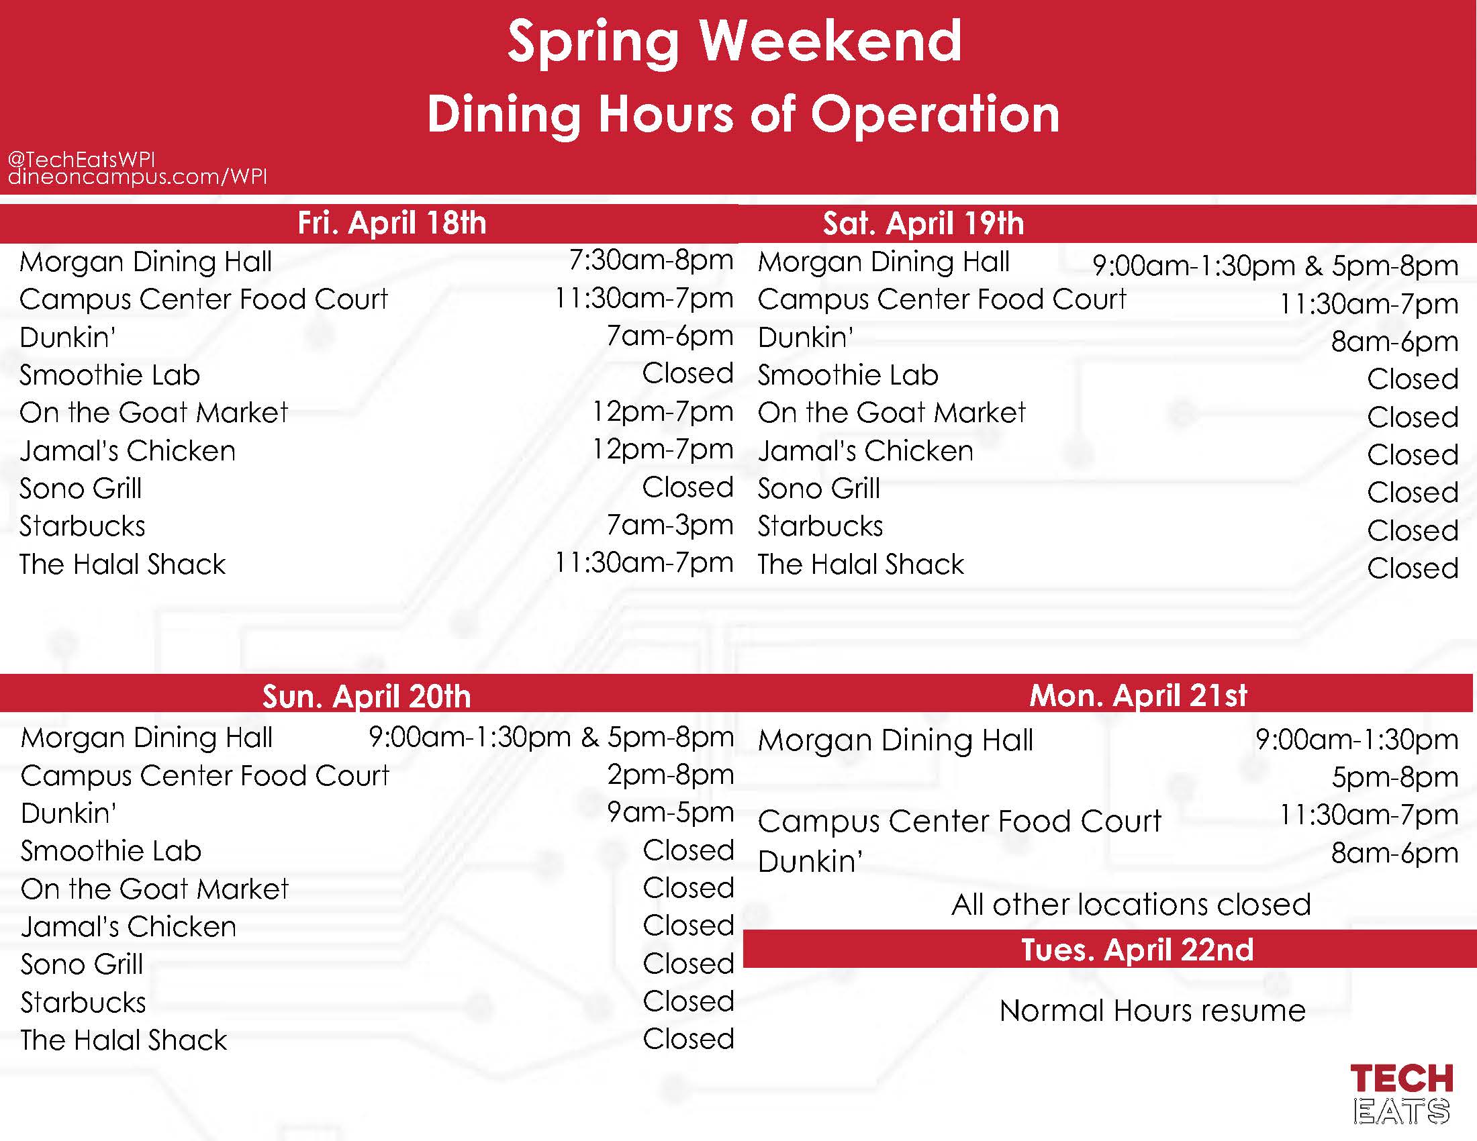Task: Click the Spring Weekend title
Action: coord(734,42)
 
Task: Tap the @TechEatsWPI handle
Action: coord(81,160)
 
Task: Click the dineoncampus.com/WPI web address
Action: coord(137,177)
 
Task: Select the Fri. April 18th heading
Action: coord(392,224)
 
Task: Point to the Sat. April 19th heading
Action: coord(923,224)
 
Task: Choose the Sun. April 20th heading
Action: coord(367,697)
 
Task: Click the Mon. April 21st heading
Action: coord(1138,695)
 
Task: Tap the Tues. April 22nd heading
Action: coord(1137,950)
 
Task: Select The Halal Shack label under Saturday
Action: coord(861,564)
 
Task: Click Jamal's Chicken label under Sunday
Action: coord(128,927)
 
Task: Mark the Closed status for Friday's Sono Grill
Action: coord(687,487)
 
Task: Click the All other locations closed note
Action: coord(1131,905)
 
